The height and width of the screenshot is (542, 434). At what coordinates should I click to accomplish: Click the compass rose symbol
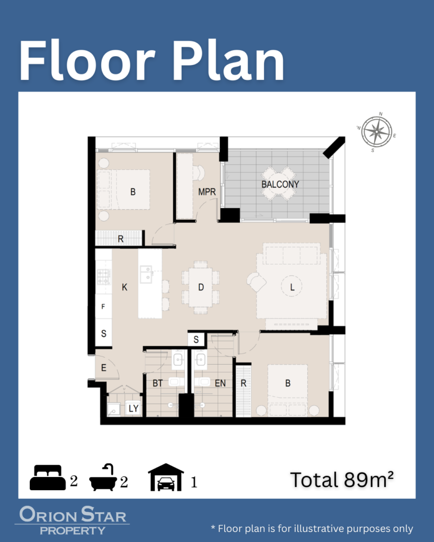[x=377, y=132]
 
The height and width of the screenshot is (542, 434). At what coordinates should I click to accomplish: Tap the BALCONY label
[x=280, y=184]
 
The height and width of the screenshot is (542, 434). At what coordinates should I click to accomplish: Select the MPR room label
[x=207, y=192]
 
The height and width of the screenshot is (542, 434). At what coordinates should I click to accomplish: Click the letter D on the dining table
[x=201, y=287]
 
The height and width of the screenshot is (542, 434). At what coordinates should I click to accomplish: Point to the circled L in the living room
[x=292, y=287]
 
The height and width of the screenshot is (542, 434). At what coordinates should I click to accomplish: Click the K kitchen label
[x=125, y=287]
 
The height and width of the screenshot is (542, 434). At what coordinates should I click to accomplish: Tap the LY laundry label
[x=134, y=409]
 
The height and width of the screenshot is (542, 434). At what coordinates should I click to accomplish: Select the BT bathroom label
[x=157, y=383]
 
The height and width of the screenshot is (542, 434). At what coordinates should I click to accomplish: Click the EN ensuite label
[x=220, y=383]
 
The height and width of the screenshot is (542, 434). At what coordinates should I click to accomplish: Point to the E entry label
[x=103, y=368]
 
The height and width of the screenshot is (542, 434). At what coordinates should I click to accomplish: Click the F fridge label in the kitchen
[x=103, y=306]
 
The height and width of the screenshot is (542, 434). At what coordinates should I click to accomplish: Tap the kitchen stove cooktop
[x=103, y=277]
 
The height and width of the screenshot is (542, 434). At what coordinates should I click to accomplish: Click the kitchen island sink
[x=146, y=274]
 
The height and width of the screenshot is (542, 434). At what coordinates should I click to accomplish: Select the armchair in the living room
[x=256, y=282]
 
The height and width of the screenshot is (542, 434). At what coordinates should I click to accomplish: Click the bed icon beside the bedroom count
[x=47, y=477]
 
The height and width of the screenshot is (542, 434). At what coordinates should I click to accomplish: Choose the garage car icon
[x=166, y=477]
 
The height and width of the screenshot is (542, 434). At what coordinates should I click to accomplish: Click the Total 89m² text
[x=342, y=480]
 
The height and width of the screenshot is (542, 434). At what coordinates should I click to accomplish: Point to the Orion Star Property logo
[x=72, y=520]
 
